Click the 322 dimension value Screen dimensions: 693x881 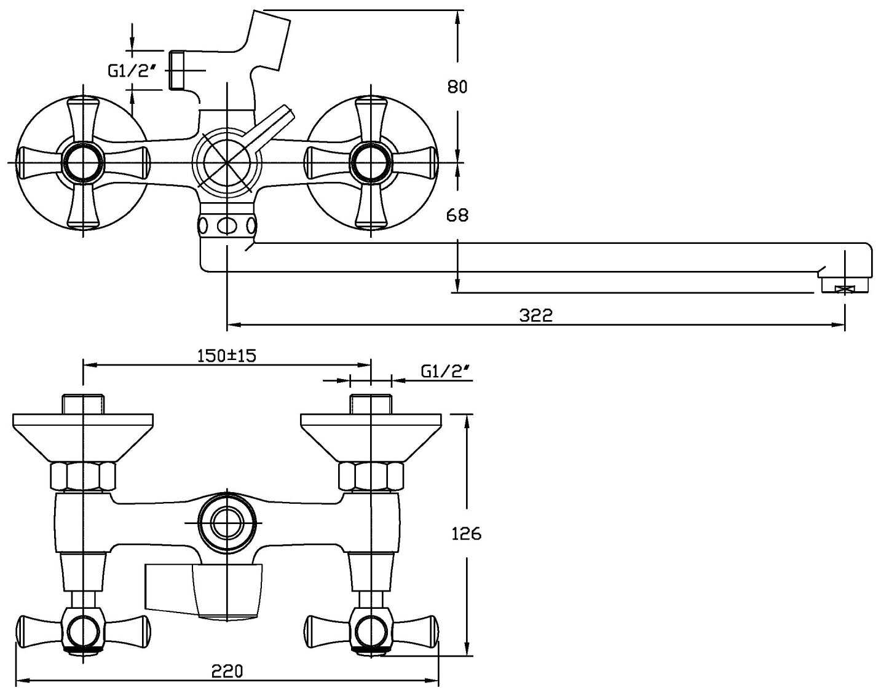tap(536, 315)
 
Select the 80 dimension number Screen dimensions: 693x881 tap(457, 87)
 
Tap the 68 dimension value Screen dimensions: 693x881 tap(457, 215)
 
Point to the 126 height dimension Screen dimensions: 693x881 tap(467, 533)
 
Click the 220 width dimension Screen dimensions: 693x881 tap(227, 671)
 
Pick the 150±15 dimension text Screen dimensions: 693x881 tap(226, 355)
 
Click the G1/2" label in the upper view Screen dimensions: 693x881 tap(129, 71)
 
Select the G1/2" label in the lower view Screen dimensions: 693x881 tap(445, 370)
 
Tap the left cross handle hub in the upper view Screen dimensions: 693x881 tap(83, 163)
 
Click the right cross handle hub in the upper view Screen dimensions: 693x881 tap(371, 163)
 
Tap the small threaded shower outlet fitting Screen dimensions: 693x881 tap(177, 71)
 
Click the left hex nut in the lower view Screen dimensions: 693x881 tap(82, 476)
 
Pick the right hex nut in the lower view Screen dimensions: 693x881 tap(371, 476)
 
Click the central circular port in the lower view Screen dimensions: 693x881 tap(227, 523)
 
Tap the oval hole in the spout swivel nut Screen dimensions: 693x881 tap(227, 226)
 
